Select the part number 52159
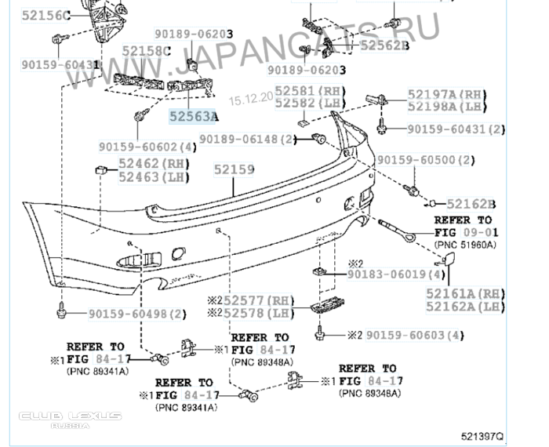pyautogui.click(x=235, y=168)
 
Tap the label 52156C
pyautogui.click(x=45, y=15)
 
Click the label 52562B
pyautogui.click(x=385, y=45)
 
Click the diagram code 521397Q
pyautogui.click(x=482, y=433)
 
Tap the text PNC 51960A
pyautogui.click(x=465, y=245)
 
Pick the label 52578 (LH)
pyautogui.click(x=258, y=314)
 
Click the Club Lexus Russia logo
pyautogui.click(x=71, y=419)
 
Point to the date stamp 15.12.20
pyautogui.click(x=249, y=100)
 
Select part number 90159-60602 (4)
pyautogui.click(x=148, y=146)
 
